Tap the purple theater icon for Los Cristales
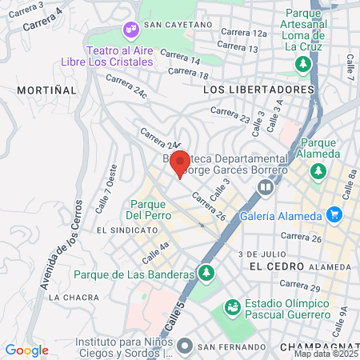pyautogui.click(x=130, y=30)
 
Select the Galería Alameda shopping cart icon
pyautogui.click(x=334, y=214)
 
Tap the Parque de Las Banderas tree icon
pyautogui.click(x=207, y=274)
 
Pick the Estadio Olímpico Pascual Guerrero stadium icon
pyautogui.click(x=233, y=306)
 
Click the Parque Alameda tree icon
pyautogui.click(x=318, y=170)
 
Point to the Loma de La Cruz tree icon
pyautogui.click(x=303, y=64)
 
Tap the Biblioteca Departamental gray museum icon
pyautogui.click(x=265, y=187)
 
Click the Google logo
pyautogui.click(x=26, y=350)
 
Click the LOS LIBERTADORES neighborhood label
pyautogui.click(x=258, y=90)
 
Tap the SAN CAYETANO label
pyautogui.click(x=179, y=25)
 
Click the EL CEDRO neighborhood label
pyautogui.click(x=277, y=266)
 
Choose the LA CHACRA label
pyautogui.click(x=74, y=297)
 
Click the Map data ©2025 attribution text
pyautogui.click(x=326, y=354)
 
